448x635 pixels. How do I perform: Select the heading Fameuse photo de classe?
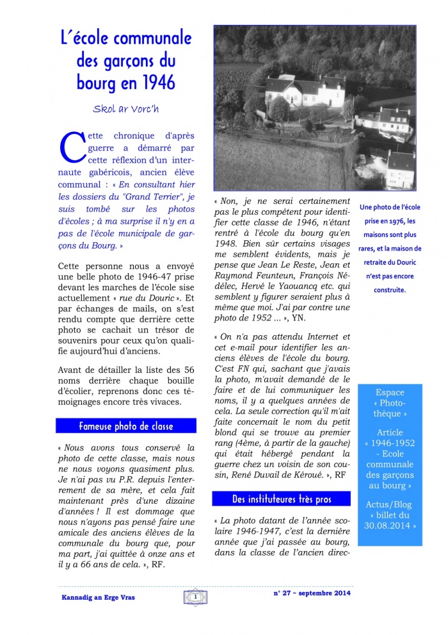pos(126,425)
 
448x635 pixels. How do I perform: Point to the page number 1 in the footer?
pos(193,597)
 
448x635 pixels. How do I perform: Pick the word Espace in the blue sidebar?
pos(390,392)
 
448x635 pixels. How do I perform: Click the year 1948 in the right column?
pos(225,243)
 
